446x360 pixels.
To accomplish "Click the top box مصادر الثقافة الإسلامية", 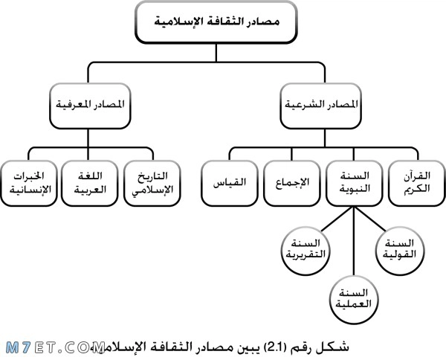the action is point(216,22).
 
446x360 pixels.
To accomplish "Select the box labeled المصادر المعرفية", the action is point(90,106).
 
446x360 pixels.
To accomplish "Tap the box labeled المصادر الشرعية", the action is point(321,106).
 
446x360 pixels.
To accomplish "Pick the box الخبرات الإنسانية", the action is point(29,183).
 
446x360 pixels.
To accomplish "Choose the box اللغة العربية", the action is point(90,183).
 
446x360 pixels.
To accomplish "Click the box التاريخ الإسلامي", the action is point(152,183).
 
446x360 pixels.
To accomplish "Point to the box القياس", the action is point(230,183).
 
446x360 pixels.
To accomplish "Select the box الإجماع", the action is point(292,183).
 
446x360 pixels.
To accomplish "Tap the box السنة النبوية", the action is point(355,183).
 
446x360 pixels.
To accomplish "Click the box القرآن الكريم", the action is point(417,183).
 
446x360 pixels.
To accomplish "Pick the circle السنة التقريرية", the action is point(306,251).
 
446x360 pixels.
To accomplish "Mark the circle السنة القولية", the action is point(399,251).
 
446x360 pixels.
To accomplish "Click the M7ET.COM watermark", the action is point(55,347).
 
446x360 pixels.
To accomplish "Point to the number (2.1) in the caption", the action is point(273,347).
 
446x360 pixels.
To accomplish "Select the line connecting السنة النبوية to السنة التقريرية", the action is point(338,219).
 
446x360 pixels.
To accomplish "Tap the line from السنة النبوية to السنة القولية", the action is point(370,219).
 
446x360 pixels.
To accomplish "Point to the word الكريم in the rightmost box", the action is point(417,189).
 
